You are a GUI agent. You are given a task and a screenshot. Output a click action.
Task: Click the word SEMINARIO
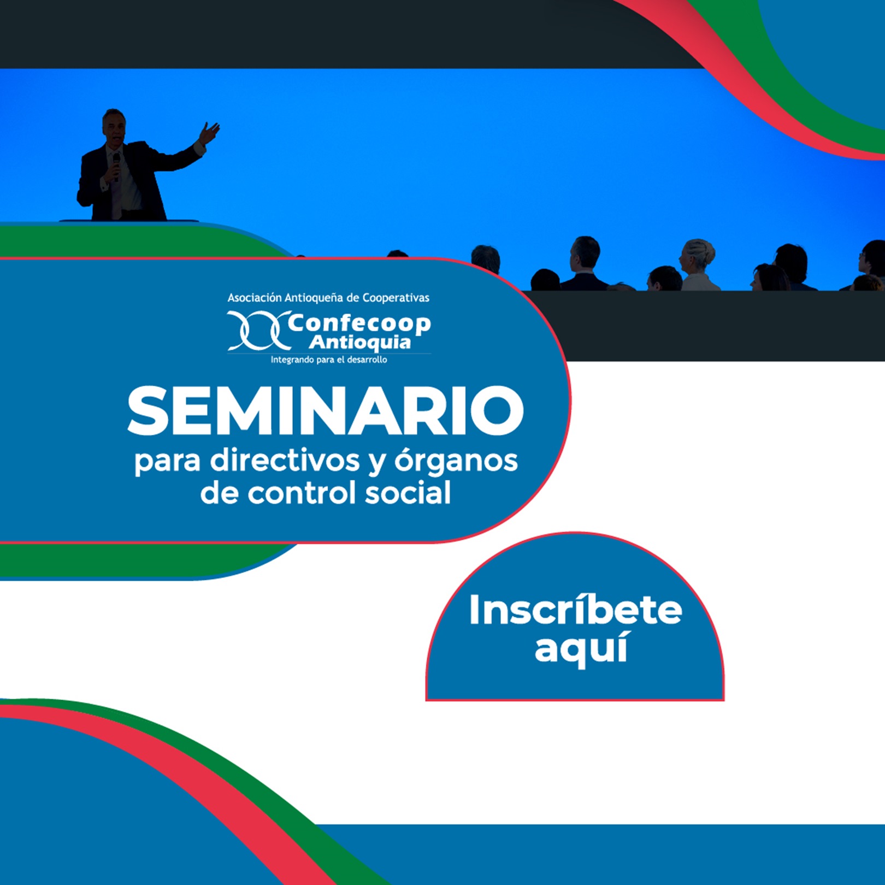coord(326,410)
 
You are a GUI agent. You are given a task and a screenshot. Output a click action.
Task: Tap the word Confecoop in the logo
coord(359,323)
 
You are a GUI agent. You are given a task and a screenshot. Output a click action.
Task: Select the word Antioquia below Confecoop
coord(359,343)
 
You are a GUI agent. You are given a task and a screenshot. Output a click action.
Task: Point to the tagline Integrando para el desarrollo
coord(329,360)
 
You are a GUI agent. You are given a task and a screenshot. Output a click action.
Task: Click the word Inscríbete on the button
coord(575,610)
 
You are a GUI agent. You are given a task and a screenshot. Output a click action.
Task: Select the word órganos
coord(456,461)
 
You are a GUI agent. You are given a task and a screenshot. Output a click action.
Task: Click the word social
coord(408,493)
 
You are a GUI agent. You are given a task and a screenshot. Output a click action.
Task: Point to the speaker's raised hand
coord(210,132)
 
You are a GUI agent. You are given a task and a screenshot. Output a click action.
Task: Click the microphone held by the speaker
coord(116,164)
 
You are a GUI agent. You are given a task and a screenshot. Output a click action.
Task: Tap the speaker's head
coord(114,126)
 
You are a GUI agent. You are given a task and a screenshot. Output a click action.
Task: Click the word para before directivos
coord(168,462)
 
